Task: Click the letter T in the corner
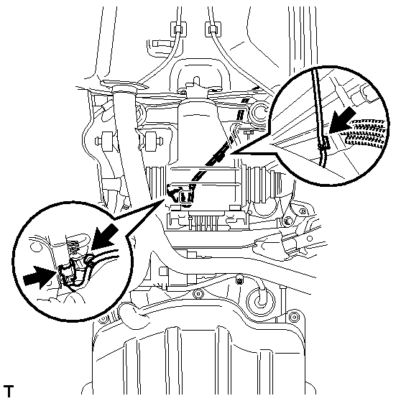(9, 391)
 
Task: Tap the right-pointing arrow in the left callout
(38, 277)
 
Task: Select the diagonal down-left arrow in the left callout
(105, 236)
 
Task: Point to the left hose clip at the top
(178, 29)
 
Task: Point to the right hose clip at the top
(213, 29)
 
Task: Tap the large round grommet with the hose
(261, 299)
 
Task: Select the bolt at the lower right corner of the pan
(294, 318)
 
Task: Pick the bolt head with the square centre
(239, 281)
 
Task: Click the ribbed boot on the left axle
(156, 183)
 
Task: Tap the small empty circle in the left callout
(35, 247)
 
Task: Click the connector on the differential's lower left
(186, 196)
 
